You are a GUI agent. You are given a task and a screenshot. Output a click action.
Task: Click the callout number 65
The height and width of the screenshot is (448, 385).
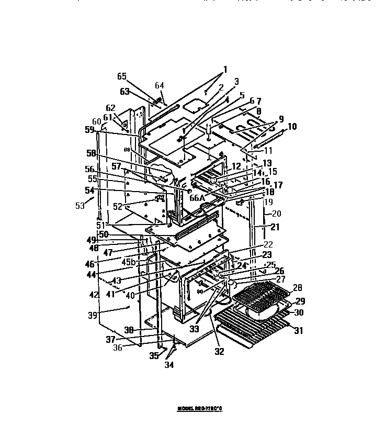[121, 76]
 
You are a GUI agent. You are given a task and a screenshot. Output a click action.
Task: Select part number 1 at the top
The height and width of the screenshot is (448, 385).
[225, 69]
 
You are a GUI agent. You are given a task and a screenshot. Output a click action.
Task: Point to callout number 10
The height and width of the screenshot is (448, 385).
[291, 126]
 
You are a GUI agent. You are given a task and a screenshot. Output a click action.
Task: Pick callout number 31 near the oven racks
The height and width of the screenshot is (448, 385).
[298, 330]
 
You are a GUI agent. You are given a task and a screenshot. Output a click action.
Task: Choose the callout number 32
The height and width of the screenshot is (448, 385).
[219, 352]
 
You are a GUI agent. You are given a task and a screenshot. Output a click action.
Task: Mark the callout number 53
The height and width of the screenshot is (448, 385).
[80, 206]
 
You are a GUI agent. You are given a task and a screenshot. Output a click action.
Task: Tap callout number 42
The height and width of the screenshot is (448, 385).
[94, 295]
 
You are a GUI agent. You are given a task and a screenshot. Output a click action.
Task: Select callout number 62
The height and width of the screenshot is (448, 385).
[110, 108]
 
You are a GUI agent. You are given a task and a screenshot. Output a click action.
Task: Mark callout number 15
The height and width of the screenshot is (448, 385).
[273, 172]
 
